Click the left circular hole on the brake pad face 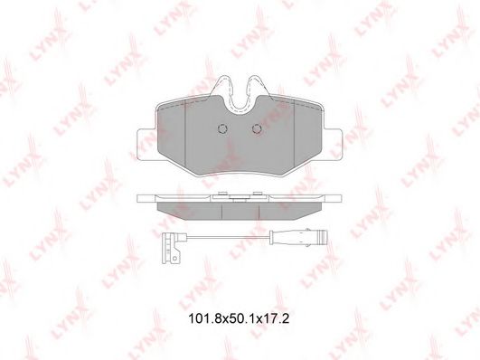(x=221, y=129)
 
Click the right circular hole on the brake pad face (x=257, y=129)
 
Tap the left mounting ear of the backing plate (x=147, y=145)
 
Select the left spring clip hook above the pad (x=223, y=87)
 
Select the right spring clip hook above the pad (x=256, y=87)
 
